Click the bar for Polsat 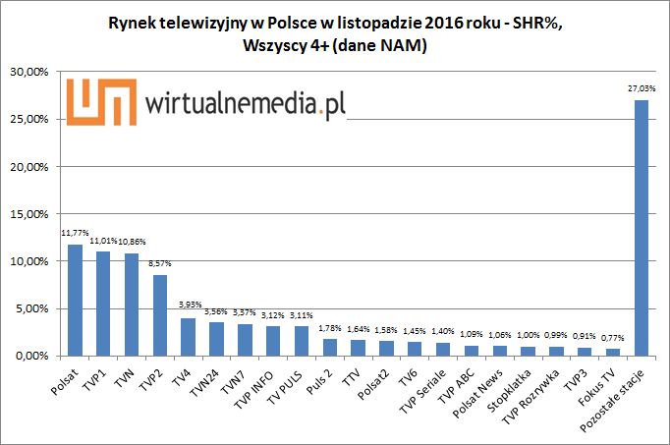click(74, 300)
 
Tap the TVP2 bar click(159, 314)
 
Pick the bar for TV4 click(188, 337)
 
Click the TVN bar click(131, 304)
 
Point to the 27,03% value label click(642, 89)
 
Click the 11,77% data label click(74, 234)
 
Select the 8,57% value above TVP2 click(159, 264)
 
